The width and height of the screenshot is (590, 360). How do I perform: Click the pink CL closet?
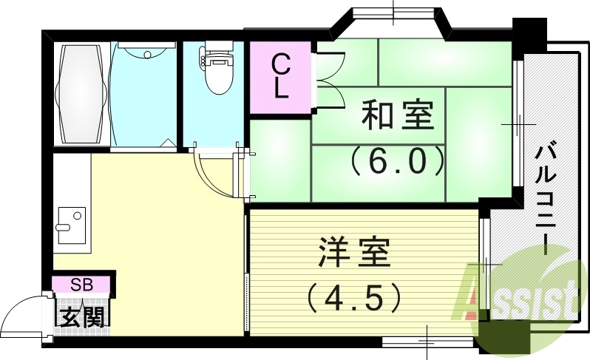279,76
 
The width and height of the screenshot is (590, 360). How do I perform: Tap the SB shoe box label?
81,284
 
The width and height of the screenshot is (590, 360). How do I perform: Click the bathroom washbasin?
146,53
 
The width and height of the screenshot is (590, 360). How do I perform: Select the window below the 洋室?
428,342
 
